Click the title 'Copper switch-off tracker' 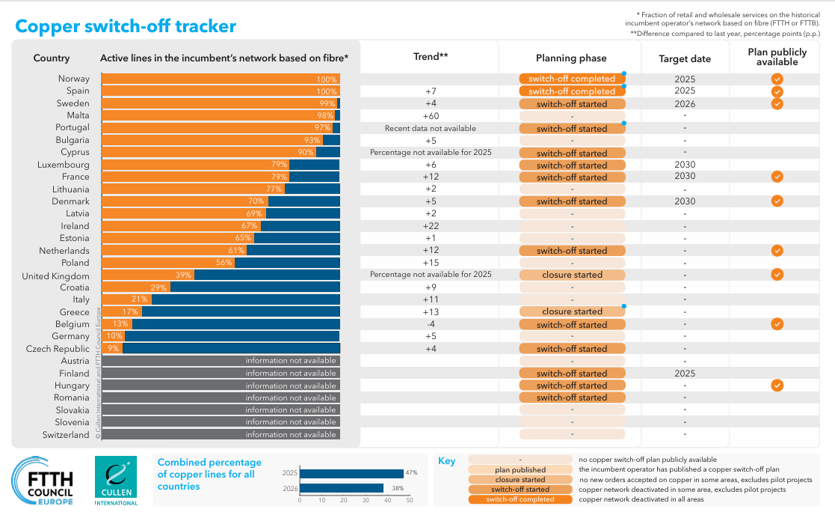[126, 26]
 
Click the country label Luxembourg [64, 165]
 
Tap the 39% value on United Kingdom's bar [183, 275]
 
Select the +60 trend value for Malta [430, 116]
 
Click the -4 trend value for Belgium [430, 324]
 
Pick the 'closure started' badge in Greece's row [572, 311]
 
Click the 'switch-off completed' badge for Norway [572, 79]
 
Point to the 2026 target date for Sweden [685, 104]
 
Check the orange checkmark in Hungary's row [777, 386]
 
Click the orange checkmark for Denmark [777, 201]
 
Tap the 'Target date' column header [685, 58]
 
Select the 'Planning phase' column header [571, 58]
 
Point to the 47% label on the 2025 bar [412, 473]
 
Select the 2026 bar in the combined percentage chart [341, 488]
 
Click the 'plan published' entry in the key [520, 470]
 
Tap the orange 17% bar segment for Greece [111, 312]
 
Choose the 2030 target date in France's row [685, 177]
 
